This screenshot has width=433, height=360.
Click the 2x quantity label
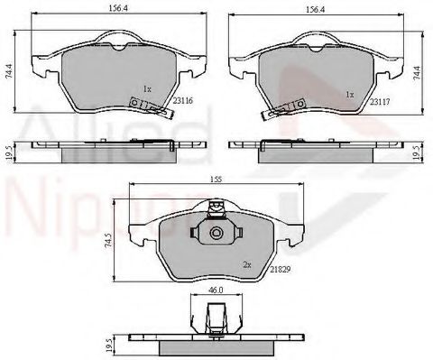(x=245, y=264)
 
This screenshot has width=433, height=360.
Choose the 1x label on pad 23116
(x=147, y=89)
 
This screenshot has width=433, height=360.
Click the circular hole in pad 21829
(x=216, y=234)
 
